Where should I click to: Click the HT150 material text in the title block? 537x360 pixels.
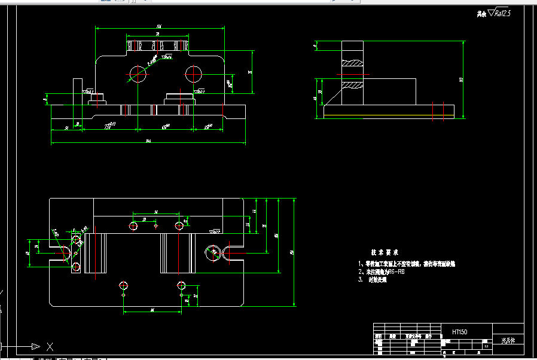point(460,331)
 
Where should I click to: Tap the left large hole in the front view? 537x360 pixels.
point(138,74)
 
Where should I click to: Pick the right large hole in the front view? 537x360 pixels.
point(194,74)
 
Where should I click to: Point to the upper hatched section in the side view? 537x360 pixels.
point(352,63)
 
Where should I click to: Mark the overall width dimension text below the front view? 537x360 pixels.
point(148,141)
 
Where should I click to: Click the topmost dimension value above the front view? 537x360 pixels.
point(159,27)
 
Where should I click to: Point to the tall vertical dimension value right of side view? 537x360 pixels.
point(461,78)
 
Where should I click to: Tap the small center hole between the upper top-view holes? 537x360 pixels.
point(155,226)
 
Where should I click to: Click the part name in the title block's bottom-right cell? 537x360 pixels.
point(508,341)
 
